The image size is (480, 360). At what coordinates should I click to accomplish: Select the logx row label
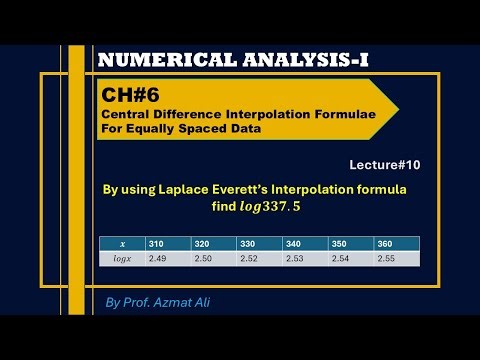121,258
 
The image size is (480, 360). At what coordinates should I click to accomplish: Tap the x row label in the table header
121,244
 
